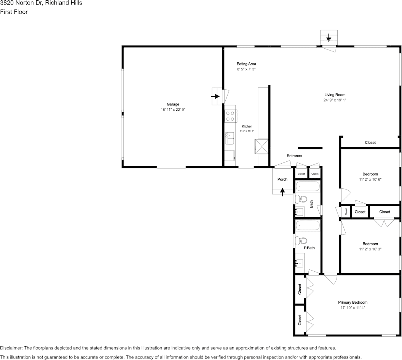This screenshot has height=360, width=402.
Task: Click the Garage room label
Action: (173, 104)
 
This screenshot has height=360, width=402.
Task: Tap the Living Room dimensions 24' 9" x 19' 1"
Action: (335, 100)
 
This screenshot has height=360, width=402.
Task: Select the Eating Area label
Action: (246, 64)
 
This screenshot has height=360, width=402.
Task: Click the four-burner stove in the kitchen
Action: (230, 116)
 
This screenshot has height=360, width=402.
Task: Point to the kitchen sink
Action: (230, 138)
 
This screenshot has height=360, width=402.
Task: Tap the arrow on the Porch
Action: (282, 192)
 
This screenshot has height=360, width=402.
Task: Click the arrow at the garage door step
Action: (215, 96)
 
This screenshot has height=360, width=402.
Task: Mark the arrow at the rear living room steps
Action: (329, 38)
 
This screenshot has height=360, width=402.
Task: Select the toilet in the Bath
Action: (301, 199)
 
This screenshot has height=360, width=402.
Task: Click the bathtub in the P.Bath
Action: (307, 226)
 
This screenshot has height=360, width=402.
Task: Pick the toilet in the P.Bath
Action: (301, 241)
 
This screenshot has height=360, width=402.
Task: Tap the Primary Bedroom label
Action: (353, 303)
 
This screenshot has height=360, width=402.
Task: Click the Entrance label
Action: (294, 156)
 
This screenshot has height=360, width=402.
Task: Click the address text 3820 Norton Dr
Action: (21, 3)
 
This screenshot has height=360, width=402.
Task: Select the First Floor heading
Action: (14, 12)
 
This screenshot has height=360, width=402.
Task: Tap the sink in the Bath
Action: (300, 212)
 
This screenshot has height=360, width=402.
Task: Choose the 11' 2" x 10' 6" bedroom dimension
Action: (370, 180)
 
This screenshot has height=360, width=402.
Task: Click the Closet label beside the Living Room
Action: (370, 142)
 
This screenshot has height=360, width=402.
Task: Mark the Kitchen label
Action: (247, 126)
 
